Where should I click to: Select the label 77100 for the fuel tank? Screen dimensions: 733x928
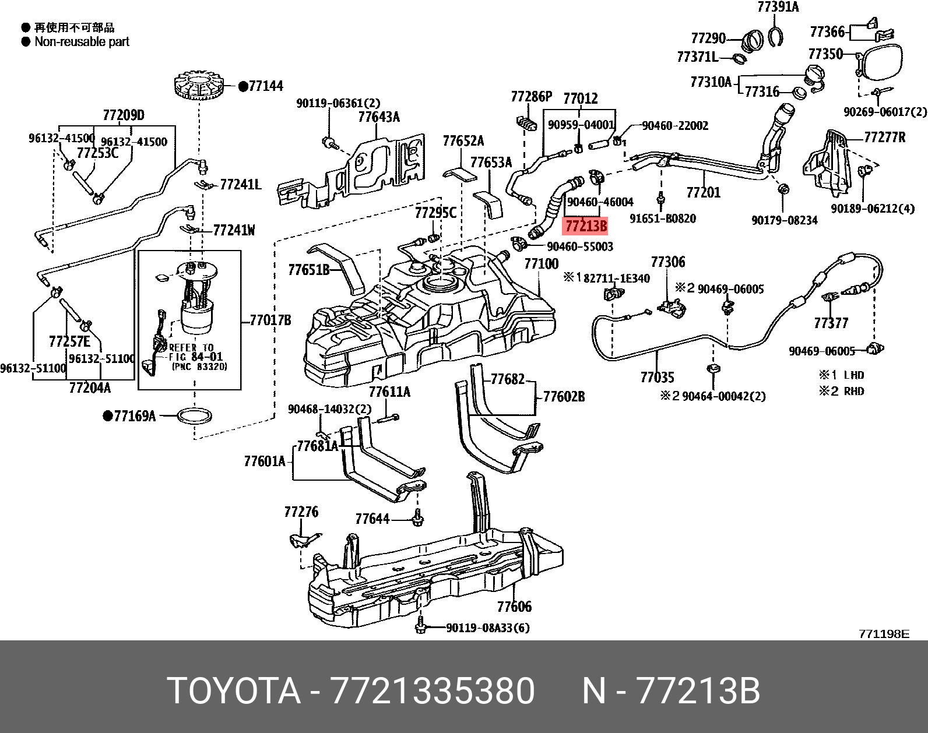(x=541, y=264)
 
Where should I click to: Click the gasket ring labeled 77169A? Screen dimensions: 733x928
(x=194, y=416)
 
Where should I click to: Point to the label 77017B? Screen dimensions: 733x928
(x=270, y=320)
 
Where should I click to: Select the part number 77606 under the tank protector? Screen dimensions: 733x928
(x=514, y=607)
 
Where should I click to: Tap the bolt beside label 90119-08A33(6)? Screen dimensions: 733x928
(x=420, y=628)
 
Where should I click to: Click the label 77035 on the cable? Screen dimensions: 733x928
(x=657, y=378)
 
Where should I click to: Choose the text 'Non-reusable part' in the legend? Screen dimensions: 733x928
(x=82, y=42)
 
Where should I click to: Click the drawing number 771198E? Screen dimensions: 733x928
(x=883, y=634)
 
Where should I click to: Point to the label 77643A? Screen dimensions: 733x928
(x=379, y=117)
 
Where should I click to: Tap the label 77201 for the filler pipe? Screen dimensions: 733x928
(x=703, y=192)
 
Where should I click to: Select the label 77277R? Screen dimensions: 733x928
(x=884, y=138)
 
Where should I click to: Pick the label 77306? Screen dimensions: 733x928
(x=668, y=262)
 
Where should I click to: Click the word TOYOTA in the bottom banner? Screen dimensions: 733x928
(x=233, y=692)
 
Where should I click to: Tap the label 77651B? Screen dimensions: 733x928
(x=308, y=270)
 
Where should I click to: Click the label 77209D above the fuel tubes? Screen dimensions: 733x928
(x=124, y=115)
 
